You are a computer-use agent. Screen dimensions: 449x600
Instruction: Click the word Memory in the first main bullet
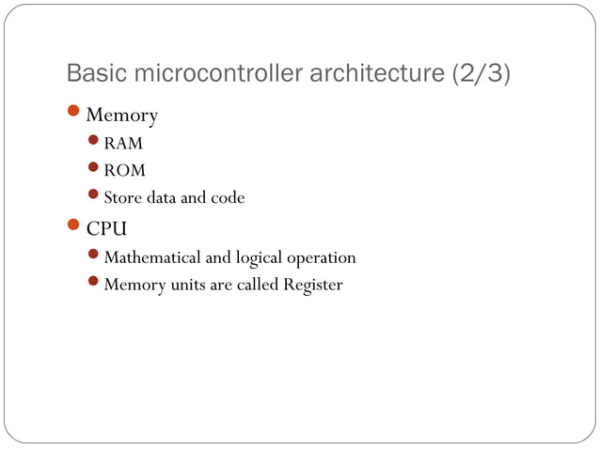(121, 116)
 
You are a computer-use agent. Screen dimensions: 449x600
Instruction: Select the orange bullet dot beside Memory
(74, 114)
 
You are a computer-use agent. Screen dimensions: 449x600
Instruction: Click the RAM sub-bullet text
(123, 145)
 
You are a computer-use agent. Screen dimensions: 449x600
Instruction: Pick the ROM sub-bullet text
(124, 171)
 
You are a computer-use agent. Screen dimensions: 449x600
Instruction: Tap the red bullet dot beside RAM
(93, 143)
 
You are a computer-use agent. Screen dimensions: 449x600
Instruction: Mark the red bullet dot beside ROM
(93, 169)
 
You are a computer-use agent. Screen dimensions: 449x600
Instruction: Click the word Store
(122, 197)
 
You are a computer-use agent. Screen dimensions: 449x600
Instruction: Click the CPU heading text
(106, 228)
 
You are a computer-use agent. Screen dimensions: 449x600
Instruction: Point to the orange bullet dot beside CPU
(74, 226)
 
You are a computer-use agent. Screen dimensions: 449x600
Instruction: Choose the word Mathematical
(153, 257)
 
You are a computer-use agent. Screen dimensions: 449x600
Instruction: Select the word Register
(312, 285)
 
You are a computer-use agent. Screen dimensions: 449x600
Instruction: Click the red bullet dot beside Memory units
(93, 282)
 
